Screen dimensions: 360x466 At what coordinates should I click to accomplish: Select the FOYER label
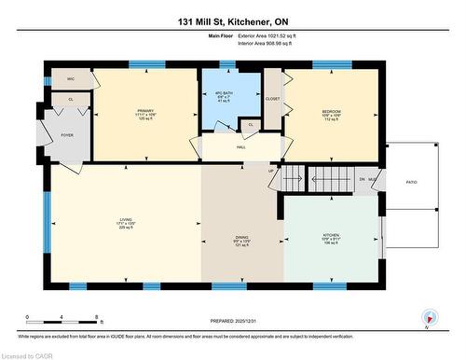tap(67, 135)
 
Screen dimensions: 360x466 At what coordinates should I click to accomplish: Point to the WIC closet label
tap(71, 79)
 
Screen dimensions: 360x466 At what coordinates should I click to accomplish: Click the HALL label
tap(240, 146)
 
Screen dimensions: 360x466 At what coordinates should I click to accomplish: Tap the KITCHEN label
tap(331, 235)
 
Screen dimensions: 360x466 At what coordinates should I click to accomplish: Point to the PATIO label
tap(410, 183)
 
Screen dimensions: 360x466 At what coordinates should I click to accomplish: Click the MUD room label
tap(372, 178)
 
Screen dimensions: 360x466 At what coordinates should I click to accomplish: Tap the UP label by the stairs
tap(271, 171)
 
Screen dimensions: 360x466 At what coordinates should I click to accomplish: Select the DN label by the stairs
tap(361, 178)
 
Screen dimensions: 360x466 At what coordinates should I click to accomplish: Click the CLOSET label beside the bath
tap(272, 98)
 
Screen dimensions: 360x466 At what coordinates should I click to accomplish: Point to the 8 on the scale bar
tap(98, 318)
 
